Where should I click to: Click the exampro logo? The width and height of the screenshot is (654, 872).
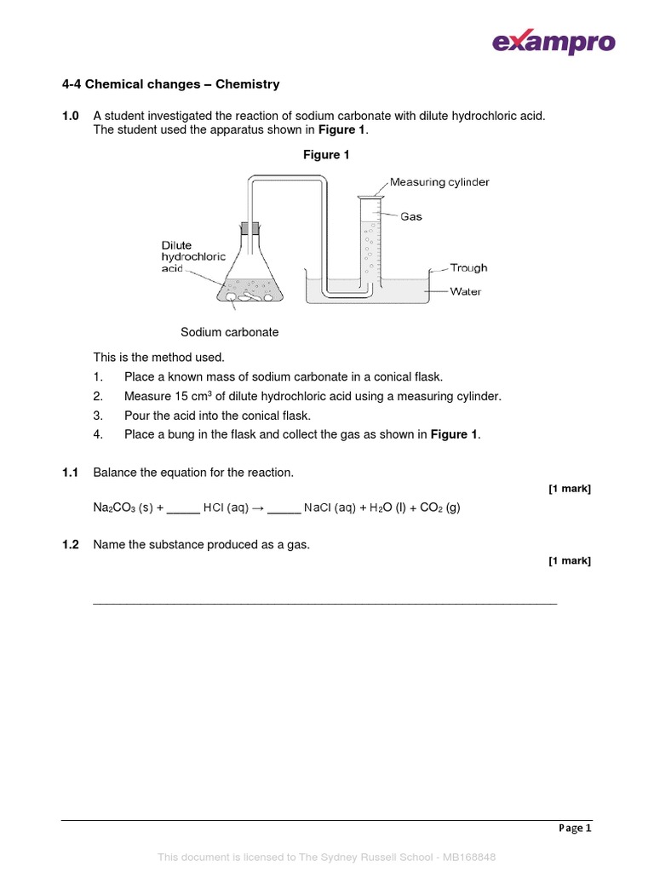[x=553, y=42]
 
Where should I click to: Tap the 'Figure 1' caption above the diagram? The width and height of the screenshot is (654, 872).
[x=327, y=155]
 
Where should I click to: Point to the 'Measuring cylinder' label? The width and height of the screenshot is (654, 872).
[x=439, y=182]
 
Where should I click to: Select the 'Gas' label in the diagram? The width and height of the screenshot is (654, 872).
[x=411, y=216]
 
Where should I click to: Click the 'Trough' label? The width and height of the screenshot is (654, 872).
[x=468, y=267]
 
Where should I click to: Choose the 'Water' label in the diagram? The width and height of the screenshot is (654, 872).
[x=465, y=291]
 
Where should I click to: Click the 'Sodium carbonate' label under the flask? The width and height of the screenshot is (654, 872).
[x=229, y=332]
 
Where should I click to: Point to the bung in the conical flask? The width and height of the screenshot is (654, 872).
[x=250, y=228]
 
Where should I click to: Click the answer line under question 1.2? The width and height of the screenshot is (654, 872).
[x=324, y=603]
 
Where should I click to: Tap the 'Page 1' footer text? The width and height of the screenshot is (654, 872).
[x=575, y=828]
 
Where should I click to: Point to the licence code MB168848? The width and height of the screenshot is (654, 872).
[x=465, y=857]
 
